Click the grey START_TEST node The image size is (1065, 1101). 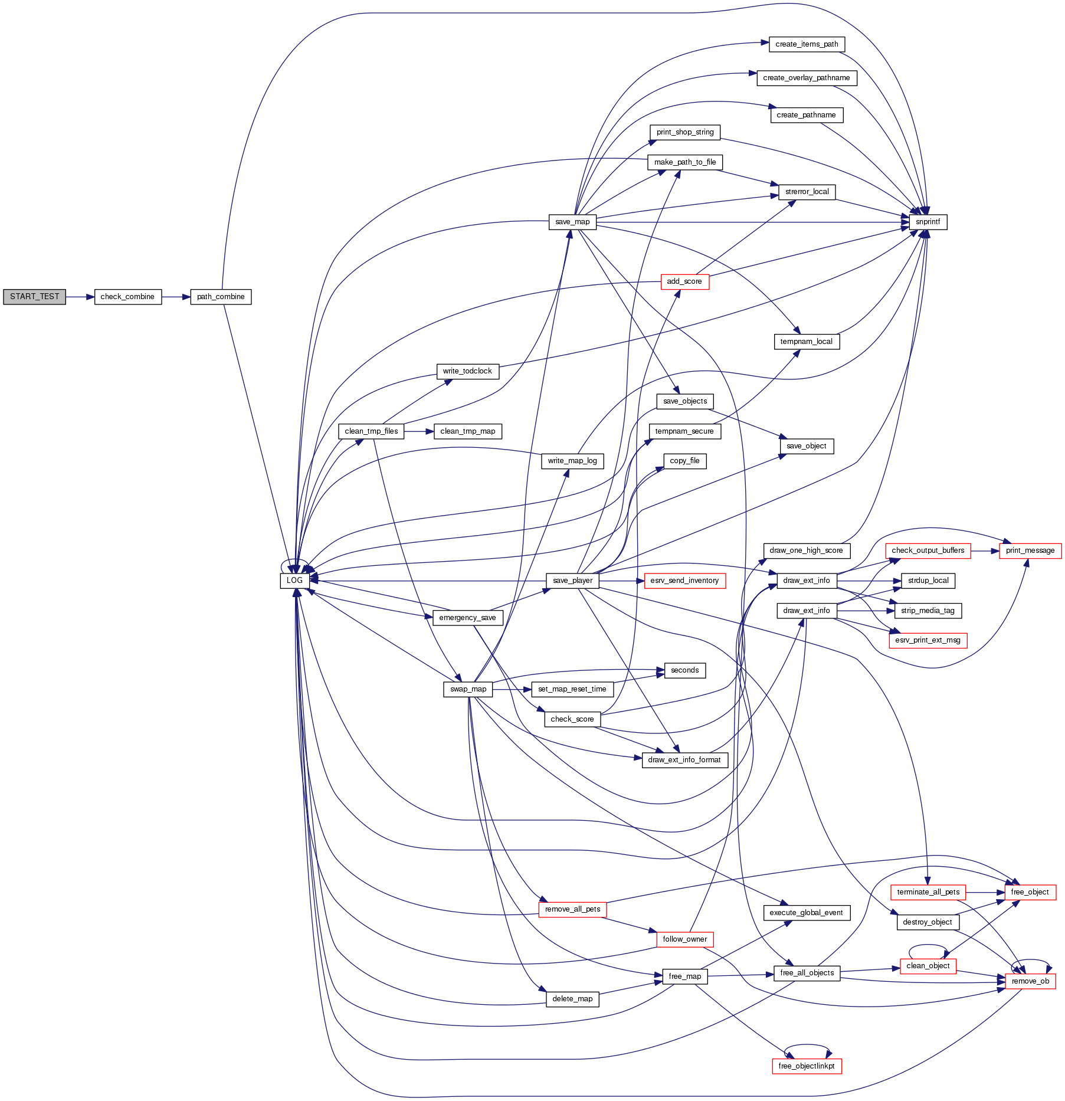(x=34, y=297)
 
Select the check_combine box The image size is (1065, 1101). (x=127, y=297)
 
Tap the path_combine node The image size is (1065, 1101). (x=221, y=297)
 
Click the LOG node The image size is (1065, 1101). (x=294, y=581)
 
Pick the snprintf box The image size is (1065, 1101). (x=928, y=222)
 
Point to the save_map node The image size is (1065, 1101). (x=572, y=222)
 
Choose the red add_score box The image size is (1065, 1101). (x=684, y=281)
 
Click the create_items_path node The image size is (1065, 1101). (x=807, y=44)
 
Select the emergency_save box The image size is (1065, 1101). (x=467, y=618)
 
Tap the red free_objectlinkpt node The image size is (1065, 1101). (x=807, y=1066)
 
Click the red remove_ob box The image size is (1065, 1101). (x=1030, y=981)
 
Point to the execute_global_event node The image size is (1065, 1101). (x=806, y=913)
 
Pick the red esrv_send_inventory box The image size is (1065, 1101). (x=684, y=581)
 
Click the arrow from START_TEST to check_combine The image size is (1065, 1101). (x=80, y=297)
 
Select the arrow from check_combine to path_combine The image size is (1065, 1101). (x=176, y=297)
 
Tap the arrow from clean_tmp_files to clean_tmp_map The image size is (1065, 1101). (x=419, y=431)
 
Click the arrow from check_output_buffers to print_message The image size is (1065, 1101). (x=985, y=550)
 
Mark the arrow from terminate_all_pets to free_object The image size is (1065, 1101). (x=985, y=892)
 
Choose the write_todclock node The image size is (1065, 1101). (x=467, y=371)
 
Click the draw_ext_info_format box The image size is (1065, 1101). (x=684, y=760)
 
